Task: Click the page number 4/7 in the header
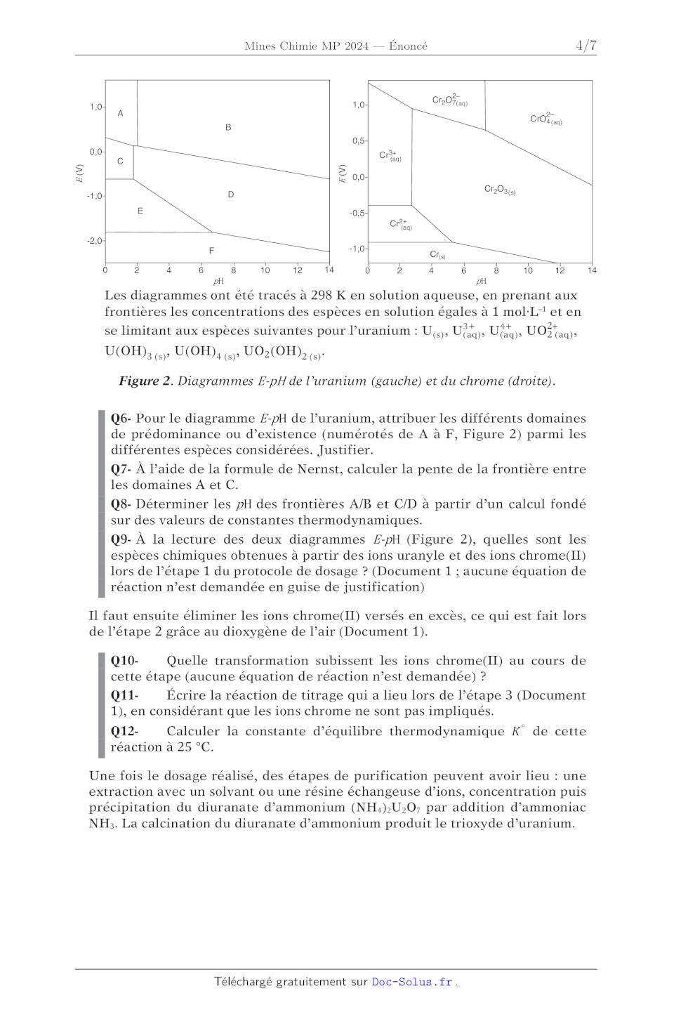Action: [x=586, y=46]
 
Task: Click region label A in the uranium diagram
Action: [x=120, y=113]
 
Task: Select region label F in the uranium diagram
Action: [x=211, y=251]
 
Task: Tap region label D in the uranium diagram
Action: [x=231, y=195]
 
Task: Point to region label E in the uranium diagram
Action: [x=140, y=211]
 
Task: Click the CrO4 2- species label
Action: [x=545, y=119]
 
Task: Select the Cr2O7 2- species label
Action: [x=449, y=100]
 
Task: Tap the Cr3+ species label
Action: [x=390, y=155]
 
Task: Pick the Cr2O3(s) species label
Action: [x=500, y=190]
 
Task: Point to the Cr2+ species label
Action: [x=400, y=224]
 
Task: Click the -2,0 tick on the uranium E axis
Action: [x=95, y=241]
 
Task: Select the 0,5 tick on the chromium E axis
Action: [x=359, y=141]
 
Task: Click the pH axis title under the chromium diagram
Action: [x=481, y=281]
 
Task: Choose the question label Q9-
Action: [x=121, y=539]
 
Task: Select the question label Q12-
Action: [x=124, y=731]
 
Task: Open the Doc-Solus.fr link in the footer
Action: [x=412, y=982]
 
